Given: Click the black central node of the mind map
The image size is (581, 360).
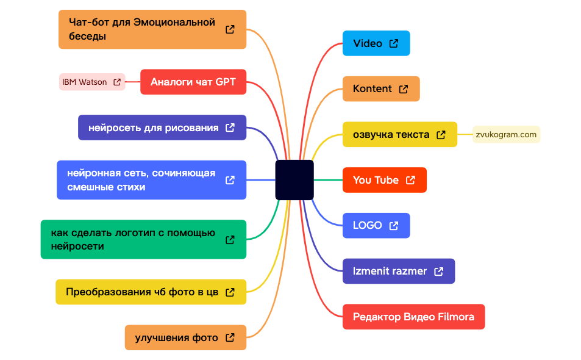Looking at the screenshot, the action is pyautogui.click(x=294, y=180).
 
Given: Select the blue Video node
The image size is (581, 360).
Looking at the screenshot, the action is pyautogui.click(x=376, y=43).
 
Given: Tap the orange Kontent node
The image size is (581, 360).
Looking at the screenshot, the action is pyautogui.click(x=381, y=89).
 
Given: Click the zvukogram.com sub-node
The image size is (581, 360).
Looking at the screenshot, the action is pyautogui.click(x=506, y=134).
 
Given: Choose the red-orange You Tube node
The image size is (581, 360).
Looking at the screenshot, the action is pyautogui.click(x=385, y=180).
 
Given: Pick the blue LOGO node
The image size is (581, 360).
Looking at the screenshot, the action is pyautogui.click(x=376, y=225).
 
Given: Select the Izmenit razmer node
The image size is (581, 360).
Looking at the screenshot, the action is pyautogui.click(x=399, y=271).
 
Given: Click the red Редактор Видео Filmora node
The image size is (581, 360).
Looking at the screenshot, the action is pyautogui.click(x=413, y=317).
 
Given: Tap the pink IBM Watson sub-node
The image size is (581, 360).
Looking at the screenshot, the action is pyautogui.click(x=92, y=82).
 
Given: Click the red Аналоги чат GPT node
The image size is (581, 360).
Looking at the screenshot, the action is pyautogui.click(x=193, y=82).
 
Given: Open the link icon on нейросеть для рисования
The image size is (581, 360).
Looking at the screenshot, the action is pyautogui.click(x=230, y=128).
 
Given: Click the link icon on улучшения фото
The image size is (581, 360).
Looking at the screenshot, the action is pyautogui.click(x=230, y=337).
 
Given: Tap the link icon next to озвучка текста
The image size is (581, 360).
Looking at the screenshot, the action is pyautogui.click(x=441, y=135).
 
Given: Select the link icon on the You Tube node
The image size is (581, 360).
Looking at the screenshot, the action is pyautogui.click(x=410, y=180).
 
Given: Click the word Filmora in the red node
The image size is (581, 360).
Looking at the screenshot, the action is pyautogui.click(x=456, y=317).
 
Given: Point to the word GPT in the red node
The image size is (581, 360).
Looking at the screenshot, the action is pyautogui.click(x=226, y=82).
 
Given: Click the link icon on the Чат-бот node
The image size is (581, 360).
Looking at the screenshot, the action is pyautogui.click(x=230, y=29).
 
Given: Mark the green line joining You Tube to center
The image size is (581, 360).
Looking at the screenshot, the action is pyautogui.click(x=328, y=180).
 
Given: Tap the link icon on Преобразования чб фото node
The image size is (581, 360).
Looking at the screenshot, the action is pyautogui.click(x=230, y=292).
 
